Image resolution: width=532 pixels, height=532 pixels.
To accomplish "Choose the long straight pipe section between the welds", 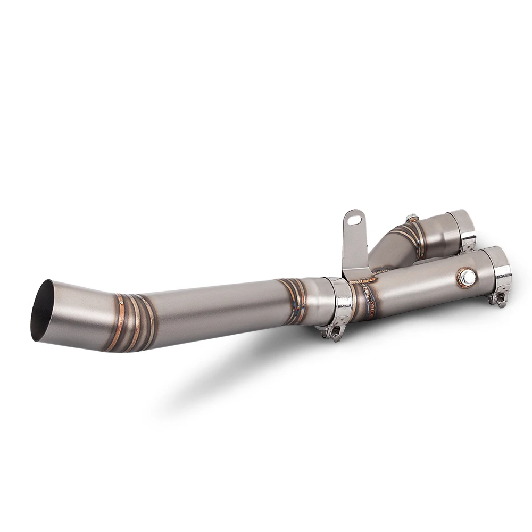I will tap(213, 309).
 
